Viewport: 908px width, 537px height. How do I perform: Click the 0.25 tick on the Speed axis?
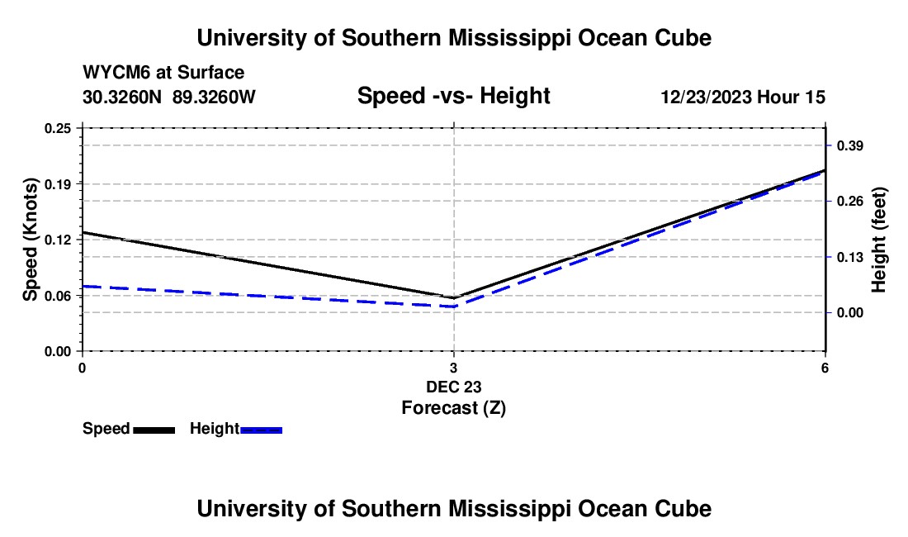tap(57, 128)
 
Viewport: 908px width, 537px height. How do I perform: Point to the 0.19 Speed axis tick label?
tap(57, 184)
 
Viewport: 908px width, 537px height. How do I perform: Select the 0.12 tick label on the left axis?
tap(57, 240)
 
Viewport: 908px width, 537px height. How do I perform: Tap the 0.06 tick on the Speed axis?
tap(57, 296)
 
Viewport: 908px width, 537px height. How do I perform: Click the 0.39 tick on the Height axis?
tap(849, 145)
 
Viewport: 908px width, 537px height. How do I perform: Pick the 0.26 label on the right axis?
tap(849, 201)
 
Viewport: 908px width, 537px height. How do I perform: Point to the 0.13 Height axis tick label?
tap(849, 257)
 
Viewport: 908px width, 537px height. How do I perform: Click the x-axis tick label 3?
tap(453, 368)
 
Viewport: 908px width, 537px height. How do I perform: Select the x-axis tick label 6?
tap(825, 368)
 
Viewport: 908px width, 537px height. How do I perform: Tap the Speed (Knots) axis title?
tap(30, 240)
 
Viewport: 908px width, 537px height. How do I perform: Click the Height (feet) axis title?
tap(878, 240)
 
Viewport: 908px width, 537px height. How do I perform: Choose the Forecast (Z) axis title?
tap(453, 408)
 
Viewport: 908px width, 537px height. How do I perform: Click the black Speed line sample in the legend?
tap(154, 430)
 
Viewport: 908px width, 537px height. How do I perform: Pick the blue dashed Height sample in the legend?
tap(261, 430)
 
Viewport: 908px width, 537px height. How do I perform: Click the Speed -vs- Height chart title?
tap(453, 96)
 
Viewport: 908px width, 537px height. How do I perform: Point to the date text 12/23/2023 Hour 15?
tap(743, 97)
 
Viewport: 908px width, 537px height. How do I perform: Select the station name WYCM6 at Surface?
tap(163, 73)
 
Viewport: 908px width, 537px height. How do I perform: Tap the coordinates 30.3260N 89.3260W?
tap(168, 97)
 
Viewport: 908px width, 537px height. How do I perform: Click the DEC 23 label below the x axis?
tap(453, 387)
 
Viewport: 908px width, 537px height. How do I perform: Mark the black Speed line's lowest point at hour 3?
tap(453, 297)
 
